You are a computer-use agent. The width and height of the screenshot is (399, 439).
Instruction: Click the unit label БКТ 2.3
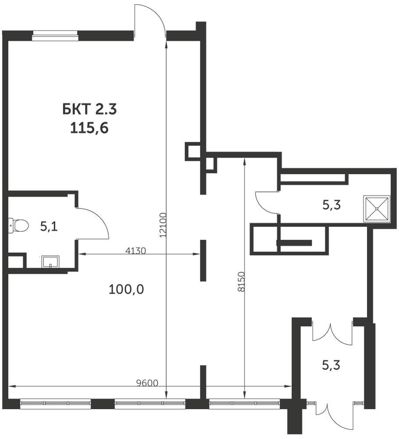pyautogui.click(x=89, y=109)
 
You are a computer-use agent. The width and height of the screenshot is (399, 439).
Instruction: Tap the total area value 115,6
pyautogui.click(x=89, y=129)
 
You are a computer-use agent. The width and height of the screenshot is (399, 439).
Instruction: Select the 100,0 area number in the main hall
pyautogui.click(x=126, y=289)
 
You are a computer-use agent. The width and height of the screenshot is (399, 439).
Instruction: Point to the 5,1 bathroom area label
pyautogui.click(x=49, y=227)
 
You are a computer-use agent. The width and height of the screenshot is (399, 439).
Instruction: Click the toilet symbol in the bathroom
pyautogui.click(x=18, y=226)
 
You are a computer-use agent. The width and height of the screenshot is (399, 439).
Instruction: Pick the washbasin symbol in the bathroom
pyautogui.click(x=50, y=262)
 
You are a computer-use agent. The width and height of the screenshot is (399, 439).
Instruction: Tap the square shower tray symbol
pyautogui.click(x=376, y=209)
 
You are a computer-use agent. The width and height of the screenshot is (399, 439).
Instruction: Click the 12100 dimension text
pyautogui.click(x=164, y=225)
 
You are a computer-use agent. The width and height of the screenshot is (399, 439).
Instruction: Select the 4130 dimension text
pyautogui.click(x=135, y=251)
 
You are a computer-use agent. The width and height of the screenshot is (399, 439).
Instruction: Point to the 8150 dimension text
pyautogui.click(x=242, y=281)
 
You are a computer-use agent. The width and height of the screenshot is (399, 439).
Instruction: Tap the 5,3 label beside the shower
pyautogui.click(x=331, y=205)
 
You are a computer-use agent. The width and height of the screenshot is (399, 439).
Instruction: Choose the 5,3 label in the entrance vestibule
pyautogui.click(x=331, y=365)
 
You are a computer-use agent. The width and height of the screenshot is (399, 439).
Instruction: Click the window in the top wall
pyautogui.click(x=55, y=36)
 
